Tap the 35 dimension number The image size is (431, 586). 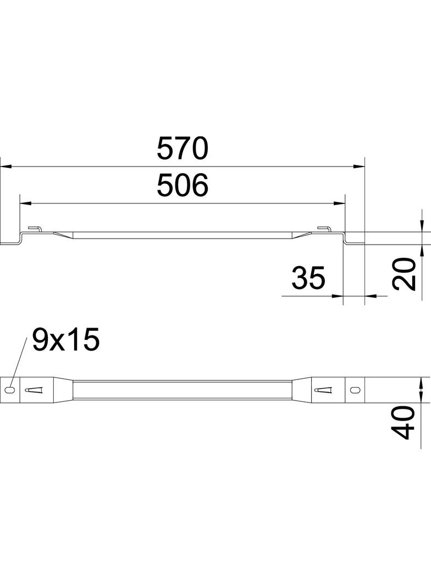coord(308,278)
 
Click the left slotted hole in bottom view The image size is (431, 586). coord(10,389)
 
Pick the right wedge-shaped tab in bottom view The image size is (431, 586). coord(324,390)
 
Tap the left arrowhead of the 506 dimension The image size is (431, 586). coord(25,203)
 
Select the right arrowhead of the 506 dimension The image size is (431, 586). coord(339,203)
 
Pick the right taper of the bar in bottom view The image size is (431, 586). coord(300,389)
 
